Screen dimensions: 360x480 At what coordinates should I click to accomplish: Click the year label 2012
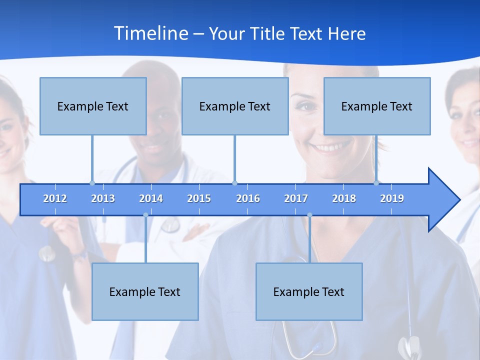pyautogui.click(x=55, y=198)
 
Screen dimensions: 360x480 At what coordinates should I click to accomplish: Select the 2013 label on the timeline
pyautogui.click(x=103, y=198)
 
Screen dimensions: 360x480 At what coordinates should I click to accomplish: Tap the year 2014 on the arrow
pyautogui.click(x=151, y=198)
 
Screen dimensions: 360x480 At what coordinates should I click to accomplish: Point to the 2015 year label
pyautogui.click(x=199, y=198)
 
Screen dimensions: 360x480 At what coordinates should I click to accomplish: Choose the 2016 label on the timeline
pyautogui.click(x=248, y=198)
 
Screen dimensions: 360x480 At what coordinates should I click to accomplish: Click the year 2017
pyautogui.click(x=296, y=198)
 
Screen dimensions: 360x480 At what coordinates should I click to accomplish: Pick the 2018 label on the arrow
pyautogui.click(x=344, y=198)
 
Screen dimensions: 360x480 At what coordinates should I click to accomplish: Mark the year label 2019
pyautogui.click(x=392, y=198)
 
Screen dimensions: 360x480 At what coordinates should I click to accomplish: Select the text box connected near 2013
pyautogui.click(x=93, y=106)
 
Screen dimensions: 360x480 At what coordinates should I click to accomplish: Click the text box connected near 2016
pyautogui.click(x=235, y=106)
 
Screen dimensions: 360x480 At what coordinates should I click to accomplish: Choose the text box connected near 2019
pyautogui.click(x=377, y=106)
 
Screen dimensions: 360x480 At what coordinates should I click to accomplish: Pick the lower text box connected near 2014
pyautogui.click(x=145, y=291)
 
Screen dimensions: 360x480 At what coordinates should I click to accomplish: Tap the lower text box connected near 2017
pyautogui.click(x=309, y=291)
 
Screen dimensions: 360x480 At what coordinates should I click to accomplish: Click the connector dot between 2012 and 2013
pyautogui.click(x=92, y=183)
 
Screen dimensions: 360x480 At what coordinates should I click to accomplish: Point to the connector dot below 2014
pyautogui.click(x=145, y=215)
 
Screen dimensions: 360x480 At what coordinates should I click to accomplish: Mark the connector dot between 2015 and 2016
pyautogui.click(x=234, y=183)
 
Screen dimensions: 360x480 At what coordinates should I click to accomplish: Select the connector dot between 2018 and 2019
pyautogui.click(x=376, y=183)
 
